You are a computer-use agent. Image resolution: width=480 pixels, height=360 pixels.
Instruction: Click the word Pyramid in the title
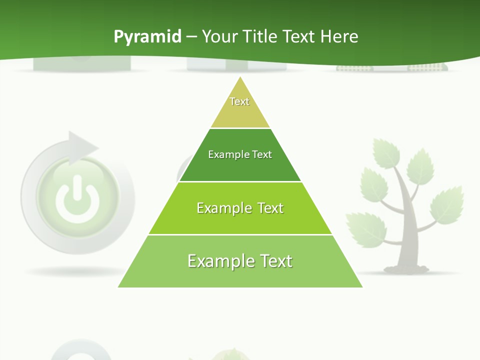147,37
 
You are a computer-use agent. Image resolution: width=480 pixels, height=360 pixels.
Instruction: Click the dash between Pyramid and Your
191,37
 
